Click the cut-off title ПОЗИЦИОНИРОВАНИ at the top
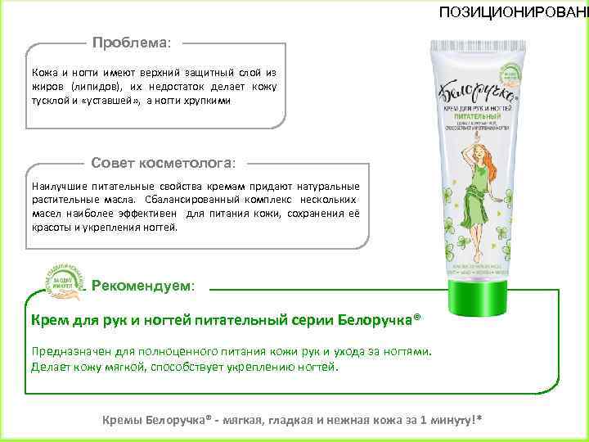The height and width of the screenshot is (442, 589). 513,11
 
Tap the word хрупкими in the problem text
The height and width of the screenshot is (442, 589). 209,101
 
